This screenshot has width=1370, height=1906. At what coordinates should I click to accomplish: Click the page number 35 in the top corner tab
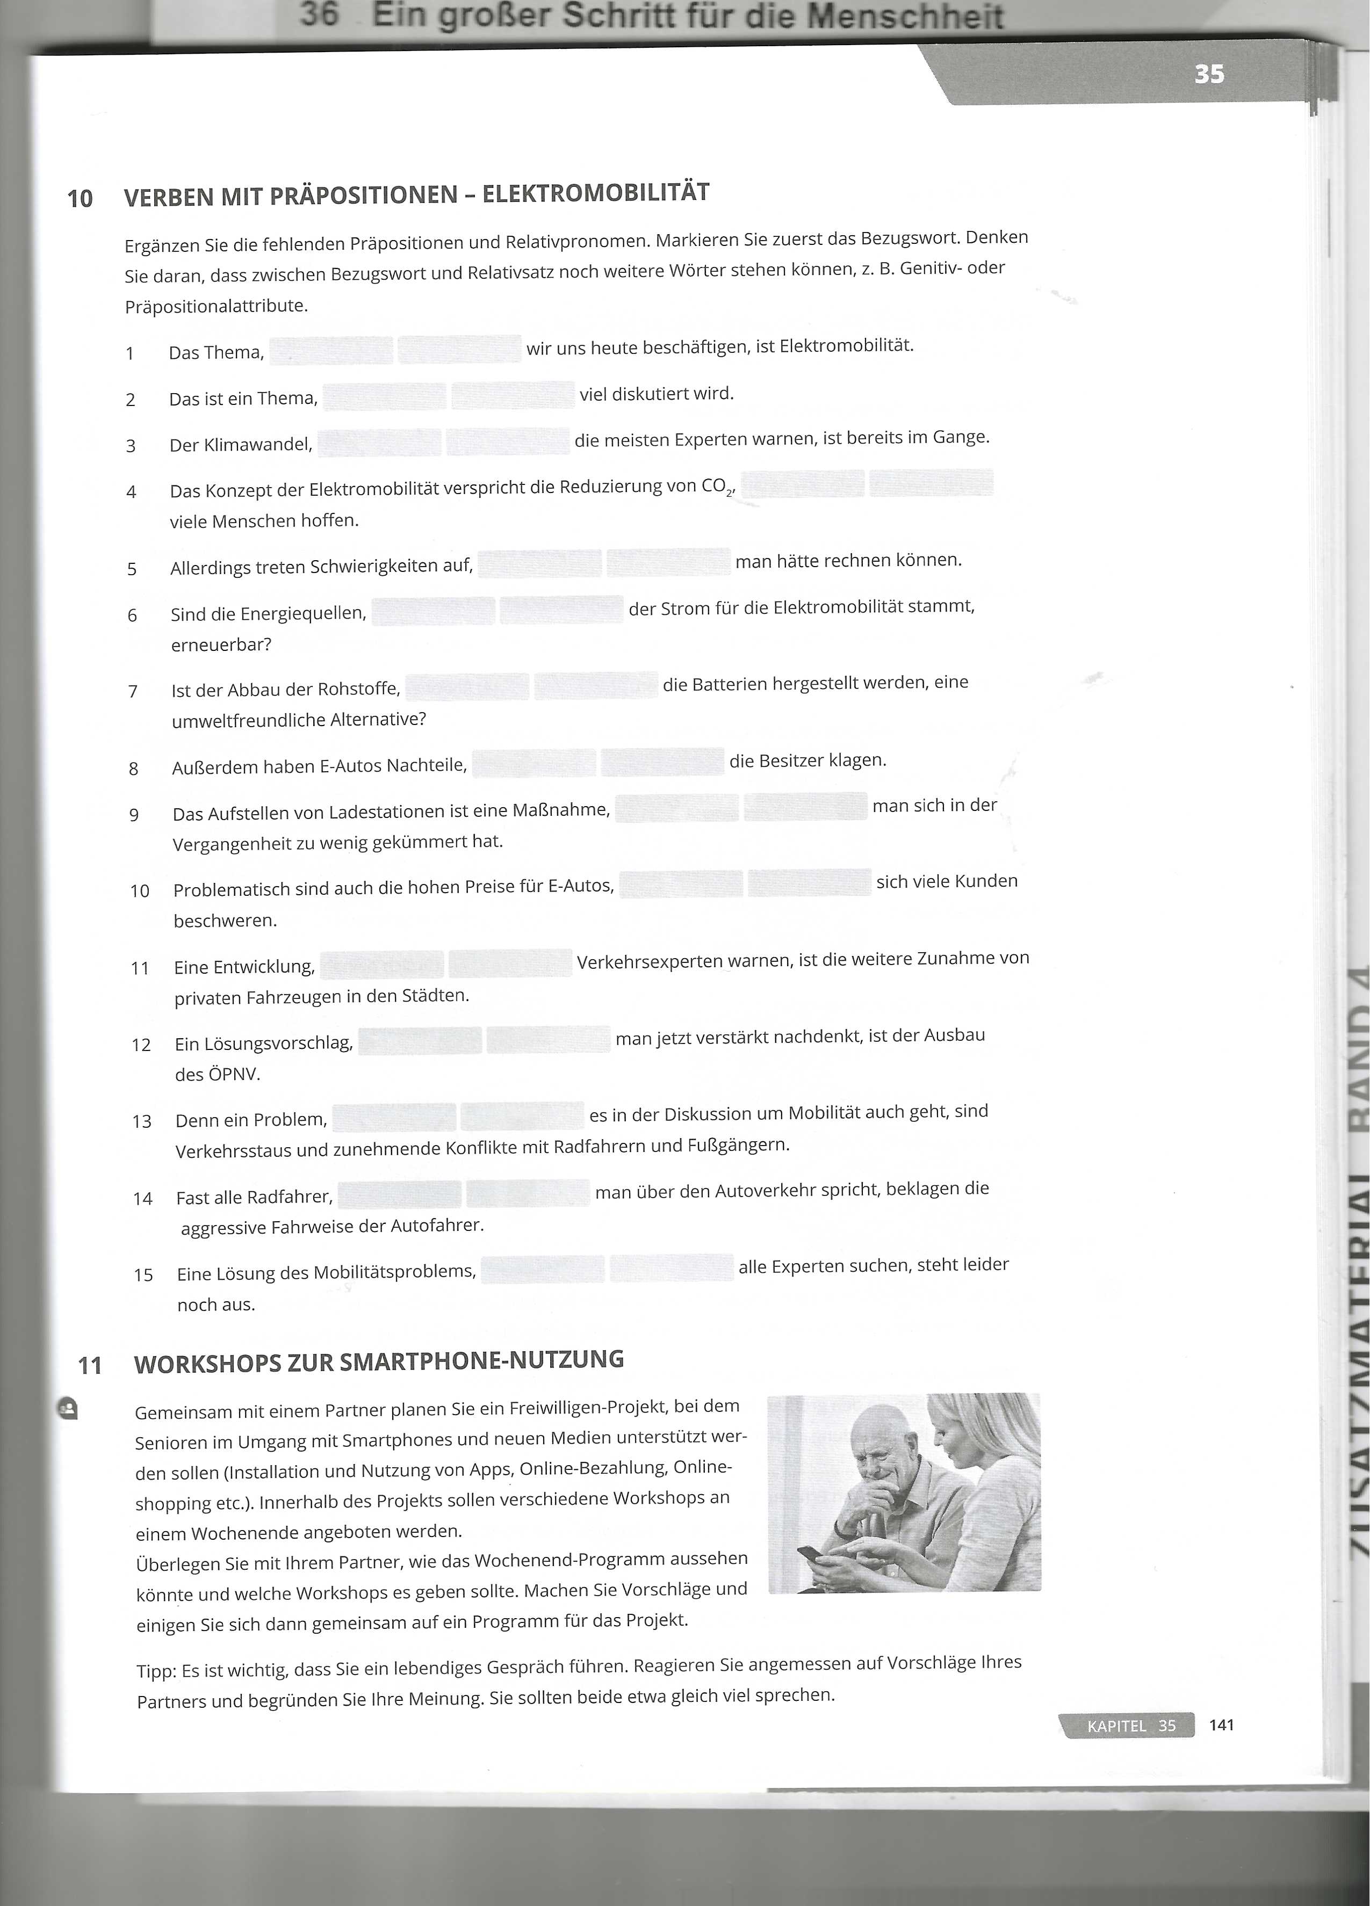point(1209,75)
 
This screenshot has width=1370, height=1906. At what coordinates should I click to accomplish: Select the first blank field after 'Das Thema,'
point(331,351)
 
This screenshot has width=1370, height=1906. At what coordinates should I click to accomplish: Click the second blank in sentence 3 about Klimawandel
point(508,441)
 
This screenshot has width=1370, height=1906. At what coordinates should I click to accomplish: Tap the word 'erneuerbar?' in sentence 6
point(221,644)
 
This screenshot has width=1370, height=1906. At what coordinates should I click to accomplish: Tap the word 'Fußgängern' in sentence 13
point(742,1144)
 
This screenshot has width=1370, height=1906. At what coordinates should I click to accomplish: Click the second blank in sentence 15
point(672,1268)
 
